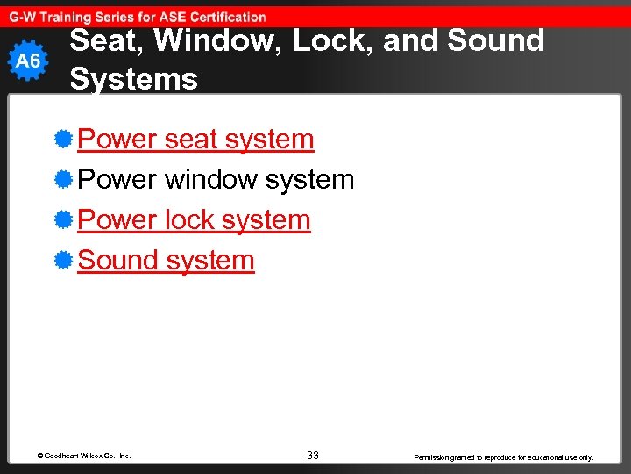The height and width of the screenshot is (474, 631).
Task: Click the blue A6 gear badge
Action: point(28,61)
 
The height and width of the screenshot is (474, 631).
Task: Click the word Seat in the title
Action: point(100,41)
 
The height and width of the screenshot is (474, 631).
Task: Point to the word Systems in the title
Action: point(133,79)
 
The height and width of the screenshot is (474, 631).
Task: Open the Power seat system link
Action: point(195,139)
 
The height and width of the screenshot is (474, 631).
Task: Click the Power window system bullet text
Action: point(216,179)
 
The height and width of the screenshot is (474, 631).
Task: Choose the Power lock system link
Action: point(194,219)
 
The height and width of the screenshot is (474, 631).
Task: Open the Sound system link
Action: point(166,260)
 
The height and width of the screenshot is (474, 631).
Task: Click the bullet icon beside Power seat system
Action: point(62,139)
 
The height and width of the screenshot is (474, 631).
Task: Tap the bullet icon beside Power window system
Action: point(62,179)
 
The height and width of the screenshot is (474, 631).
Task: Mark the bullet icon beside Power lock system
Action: point(62,219)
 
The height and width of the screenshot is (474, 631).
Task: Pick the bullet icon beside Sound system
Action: point(62,260)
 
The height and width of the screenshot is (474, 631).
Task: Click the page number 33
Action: point(313,456)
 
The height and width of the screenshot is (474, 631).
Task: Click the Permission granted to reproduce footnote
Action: point(503,457)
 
